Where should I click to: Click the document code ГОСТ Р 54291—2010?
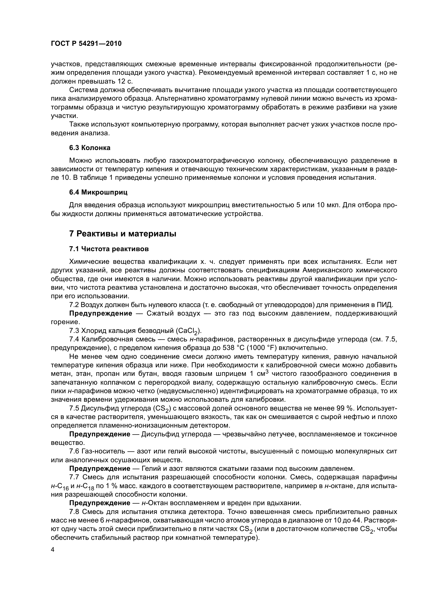coord(86,44)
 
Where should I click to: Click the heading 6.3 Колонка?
coord(90,148)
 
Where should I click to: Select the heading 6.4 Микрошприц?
coord(98,192)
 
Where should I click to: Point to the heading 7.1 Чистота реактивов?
coord(109,249)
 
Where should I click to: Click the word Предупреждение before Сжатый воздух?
coord(101,313)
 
